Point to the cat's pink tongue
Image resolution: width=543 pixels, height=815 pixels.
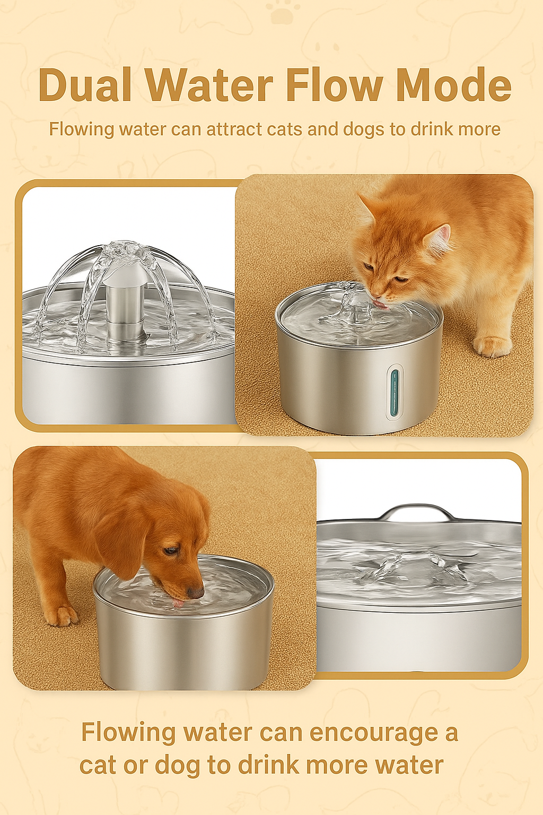coord(380,304)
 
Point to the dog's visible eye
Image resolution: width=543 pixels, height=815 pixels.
coord(170,550)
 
